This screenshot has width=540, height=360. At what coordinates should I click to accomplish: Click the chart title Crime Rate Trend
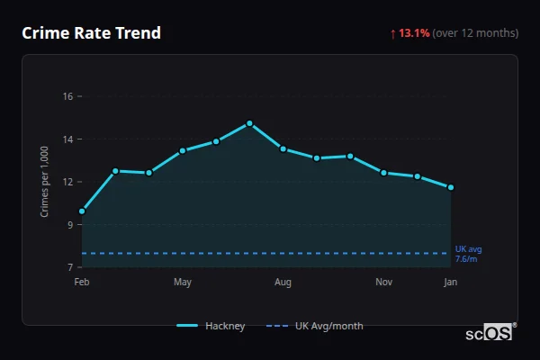tap(92, 33)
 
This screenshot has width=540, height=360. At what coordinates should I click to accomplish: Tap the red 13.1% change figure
tap(413, 33)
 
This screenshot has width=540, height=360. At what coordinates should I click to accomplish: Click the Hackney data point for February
tap(82, 211)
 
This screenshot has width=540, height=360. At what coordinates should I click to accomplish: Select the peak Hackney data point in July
tap(249, 123)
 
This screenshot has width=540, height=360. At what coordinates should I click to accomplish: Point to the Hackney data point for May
tap(183, 150)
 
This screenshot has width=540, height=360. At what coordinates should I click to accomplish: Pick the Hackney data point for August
tap(283, 148)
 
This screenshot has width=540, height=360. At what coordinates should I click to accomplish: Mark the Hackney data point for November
tap(383, 173)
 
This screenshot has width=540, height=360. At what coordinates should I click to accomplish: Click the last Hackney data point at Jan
tap(451, 187)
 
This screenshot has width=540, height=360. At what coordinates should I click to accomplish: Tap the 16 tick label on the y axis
tap(67, 96)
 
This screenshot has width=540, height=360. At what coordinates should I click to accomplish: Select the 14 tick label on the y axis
tap(67, 139)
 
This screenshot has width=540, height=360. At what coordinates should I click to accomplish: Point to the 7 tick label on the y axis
tap(70, 268)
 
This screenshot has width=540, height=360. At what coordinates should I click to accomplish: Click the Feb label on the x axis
tap(82, 283)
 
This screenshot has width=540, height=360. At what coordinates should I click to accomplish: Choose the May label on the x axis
tap(183, 283)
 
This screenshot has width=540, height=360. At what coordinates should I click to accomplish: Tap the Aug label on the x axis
tap(283, 283)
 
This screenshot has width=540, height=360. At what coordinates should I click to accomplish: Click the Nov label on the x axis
tap(383, 283)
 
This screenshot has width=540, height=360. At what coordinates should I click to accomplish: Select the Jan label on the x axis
tap(451, 283)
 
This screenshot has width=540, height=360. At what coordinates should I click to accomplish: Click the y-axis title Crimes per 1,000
tap(45, 182)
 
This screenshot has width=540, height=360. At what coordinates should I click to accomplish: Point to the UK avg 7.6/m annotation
tap(468, 254)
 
